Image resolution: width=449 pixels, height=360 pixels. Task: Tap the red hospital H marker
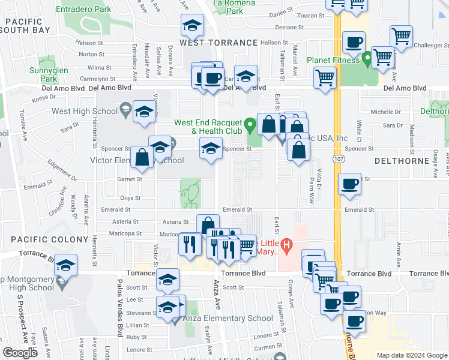[287, 245]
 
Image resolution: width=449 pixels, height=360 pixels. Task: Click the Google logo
[20, 353]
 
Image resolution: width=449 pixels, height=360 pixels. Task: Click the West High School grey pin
[125, 109]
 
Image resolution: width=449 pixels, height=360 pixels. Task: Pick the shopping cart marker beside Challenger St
[400, 35]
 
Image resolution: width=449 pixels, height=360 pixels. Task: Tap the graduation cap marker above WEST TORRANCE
[191, 26]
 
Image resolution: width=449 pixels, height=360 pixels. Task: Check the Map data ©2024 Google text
[411, 355]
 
